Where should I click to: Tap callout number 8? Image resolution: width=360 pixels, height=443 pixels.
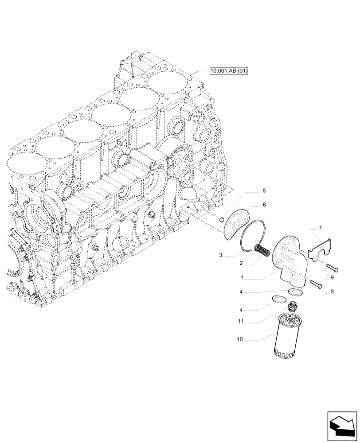264,191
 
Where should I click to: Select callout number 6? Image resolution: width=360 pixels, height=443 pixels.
264,205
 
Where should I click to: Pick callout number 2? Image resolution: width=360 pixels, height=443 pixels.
241,263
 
